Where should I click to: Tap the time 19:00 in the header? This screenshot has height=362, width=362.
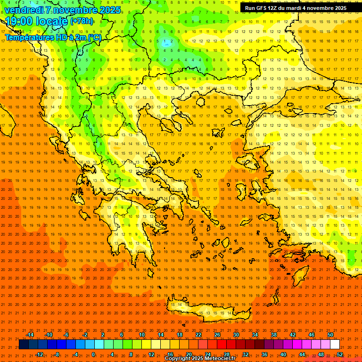point(22,21)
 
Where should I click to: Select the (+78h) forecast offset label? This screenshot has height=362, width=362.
point(82,21)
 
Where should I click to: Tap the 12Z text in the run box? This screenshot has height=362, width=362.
point(272,8)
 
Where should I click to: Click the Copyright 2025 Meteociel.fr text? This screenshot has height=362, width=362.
point(200,359)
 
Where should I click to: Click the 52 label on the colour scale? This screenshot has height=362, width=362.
point(340,354)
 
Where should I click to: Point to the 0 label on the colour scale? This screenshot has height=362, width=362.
point(93,354)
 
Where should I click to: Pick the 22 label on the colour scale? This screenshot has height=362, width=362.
point(198,335)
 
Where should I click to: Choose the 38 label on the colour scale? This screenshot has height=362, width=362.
point(274,335)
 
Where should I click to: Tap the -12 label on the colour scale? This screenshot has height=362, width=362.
point(39,354)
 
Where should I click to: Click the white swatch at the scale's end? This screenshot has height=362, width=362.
point(335,345)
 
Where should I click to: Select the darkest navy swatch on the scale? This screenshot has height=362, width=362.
point(24,345)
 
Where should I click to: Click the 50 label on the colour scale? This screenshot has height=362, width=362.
point(330,335)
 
